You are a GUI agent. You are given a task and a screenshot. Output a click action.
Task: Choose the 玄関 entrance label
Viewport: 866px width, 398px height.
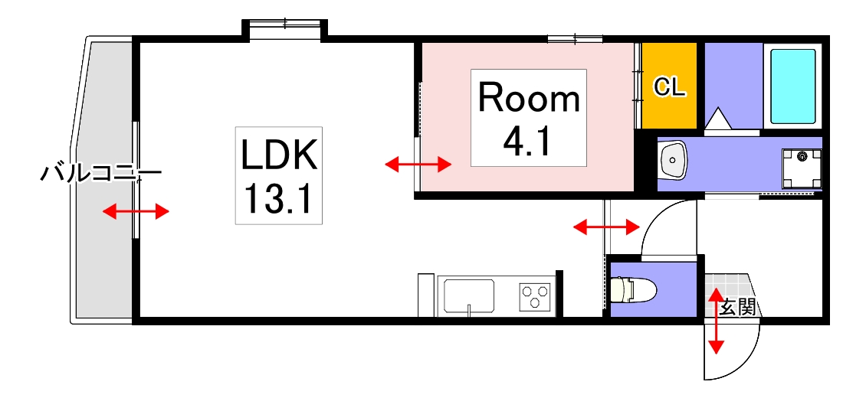pyautogui.click(x=739, y=307)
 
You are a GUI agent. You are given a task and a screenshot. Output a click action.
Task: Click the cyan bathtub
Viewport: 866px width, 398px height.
pyautogui.click(x=793, y=86)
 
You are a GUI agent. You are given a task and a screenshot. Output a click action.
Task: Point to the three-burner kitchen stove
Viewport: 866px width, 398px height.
pyautogui.click(x=535, y=296)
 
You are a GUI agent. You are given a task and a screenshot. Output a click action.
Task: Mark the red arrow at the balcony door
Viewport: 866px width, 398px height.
pyautogui.click(x=136, y=211)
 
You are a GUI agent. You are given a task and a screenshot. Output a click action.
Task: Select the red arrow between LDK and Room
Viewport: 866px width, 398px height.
pyautogui.click(x=418, y=164)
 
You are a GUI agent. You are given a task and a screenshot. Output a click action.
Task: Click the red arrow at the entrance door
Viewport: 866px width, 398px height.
pyautogui.click(x=717, y=321)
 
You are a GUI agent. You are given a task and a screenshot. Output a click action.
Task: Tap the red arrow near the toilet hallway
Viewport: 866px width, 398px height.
pyautogui.click(x=606, y=226)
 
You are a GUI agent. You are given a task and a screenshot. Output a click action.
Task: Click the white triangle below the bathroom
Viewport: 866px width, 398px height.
pyautogui.click(x=719, y=118)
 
